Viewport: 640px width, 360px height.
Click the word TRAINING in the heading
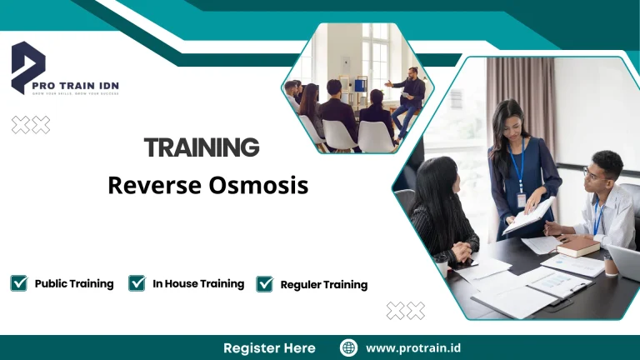(202, 148)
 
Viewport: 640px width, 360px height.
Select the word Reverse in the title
(153, 185)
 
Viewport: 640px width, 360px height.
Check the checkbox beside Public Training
(18, 283)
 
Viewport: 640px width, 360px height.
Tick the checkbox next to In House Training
(137, 283)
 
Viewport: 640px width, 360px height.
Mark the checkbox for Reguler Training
(264, 284)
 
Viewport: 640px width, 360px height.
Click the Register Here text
(269, 347)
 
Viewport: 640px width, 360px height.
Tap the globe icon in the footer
(349, 347)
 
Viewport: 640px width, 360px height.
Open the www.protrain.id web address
(415, 347)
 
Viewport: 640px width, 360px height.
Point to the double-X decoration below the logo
(31, 125)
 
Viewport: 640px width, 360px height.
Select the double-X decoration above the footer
(406, 311)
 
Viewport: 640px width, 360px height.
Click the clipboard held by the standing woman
(529, 215)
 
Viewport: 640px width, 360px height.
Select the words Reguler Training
(324, 285)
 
